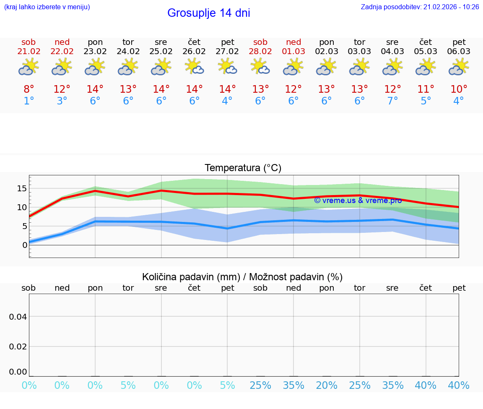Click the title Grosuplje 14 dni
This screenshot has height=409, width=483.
208,13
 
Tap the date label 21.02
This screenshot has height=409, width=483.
29,52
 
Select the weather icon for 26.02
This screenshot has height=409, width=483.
194,67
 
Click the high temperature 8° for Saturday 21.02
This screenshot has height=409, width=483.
29,89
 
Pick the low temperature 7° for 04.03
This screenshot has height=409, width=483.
392,101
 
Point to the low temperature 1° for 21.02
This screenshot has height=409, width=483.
29,101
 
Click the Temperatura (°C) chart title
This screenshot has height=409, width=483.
243,168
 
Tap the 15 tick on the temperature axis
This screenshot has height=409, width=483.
22,188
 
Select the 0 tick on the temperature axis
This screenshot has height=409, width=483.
25,245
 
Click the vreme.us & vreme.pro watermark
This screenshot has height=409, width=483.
358,201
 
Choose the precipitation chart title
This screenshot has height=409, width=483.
242,277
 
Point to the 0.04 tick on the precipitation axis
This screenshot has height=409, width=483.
18,317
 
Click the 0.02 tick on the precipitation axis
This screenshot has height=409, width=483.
18,346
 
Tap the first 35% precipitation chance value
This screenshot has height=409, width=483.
293,386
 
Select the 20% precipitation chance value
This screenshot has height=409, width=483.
327,386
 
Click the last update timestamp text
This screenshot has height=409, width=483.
420,7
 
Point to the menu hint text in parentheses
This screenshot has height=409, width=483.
47,7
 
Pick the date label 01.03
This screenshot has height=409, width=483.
293,52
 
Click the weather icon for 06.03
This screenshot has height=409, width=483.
459,67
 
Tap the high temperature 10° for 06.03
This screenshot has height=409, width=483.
459,89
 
